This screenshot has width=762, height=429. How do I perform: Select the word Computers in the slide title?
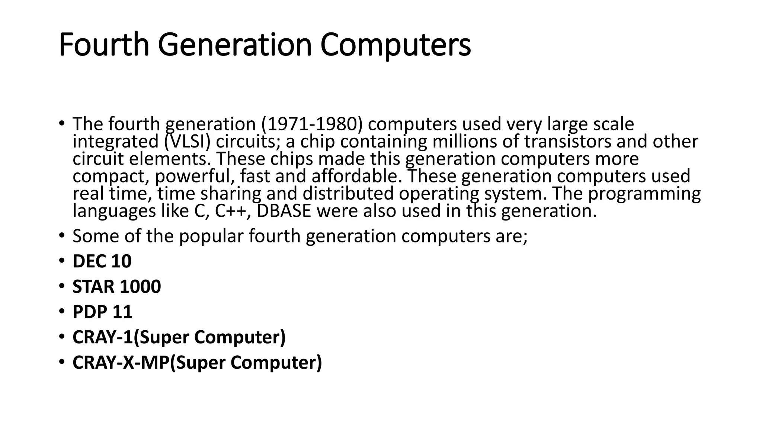point(395,45)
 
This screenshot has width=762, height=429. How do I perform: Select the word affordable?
point(357,176)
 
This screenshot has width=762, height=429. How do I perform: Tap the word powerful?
point(195,176)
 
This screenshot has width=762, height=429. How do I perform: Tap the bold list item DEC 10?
point(102,261)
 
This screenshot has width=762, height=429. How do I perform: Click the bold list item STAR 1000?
point(116,286)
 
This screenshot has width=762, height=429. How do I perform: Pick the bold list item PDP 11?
point(102,312)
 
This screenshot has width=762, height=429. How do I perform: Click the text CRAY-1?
point(103,337)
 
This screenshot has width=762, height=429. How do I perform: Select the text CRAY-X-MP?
point(121,362)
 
